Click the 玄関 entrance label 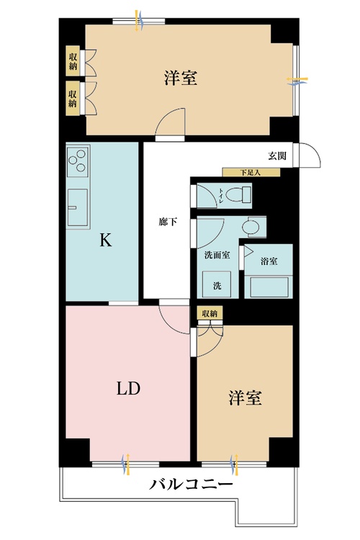[278, 156]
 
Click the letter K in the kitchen [105, 241]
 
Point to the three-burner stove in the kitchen [77, 163]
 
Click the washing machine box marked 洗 [217, 284]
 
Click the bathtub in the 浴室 [270, 286]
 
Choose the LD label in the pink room [128, 389]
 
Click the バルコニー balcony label [191, 485]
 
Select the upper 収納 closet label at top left [73, 61]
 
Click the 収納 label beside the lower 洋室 [210, 313]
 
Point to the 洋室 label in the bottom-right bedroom [245, 397]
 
